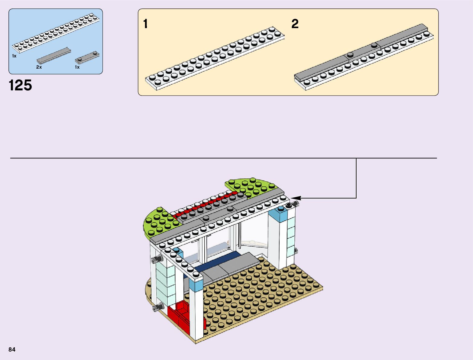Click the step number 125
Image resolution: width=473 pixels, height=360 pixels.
point(21,85)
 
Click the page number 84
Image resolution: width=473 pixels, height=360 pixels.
point(12,349)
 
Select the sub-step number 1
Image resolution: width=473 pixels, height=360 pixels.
point(146,24)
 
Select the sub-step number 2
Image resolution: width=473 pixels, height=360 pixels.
point(295,24)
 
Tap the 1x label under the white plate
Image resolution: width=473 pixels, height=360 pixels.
point(14,56)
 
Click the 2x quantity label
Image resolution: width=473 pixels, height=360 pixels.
point(39,67)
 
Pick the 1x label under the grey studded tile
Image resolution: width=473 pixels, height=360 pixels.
point(77,67)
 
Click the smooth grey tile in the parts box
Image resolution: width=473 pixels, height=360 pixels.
point(54,55)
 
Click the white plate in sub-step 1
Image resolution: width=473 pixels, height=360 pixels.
point(215,57)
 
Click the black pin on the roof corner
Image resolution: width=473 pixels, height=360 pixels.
point(289,205)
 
